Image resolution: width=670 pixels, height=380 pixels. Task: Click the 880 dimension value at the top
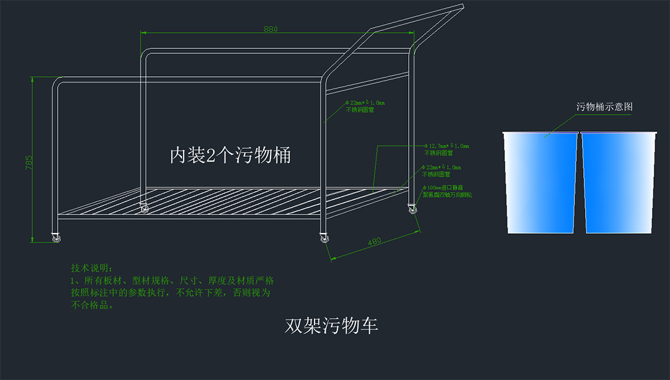coord(270,29)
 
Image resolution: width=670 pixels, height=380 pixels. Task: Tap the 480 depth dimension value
coord(374,242)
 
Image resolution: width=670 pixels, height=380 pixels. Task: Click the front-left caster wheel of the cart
coord(56,237)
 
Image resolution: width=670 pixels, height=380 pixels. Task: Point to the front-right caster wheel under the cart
coord(324,237)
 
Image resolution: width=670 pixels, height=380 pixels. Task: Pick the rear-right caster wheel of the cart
coord(413,210)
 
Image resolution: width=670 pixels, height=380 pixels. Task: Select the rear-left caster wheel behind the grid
coord(145,209)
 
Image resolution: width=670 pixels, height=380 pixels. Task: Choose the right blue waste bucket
coord(618,182)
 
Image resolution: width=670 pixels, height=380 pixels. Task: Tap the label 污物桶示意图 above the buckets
coord(604,107)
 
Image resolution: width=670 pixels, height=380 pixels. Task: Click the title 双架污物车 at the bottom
coord(331,326)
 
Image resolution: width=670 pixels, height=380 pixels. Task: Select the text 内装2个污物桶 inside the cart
coord(230,155)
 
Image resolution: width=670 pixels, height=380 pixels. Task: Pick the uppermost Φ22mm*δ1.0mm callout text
coord(365,103)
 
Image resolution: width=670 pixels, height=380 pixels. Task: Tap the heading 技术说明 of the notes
coord(91,268)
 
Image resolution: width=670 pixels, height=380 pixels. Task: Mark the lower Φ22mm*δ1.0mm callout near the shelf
coord(442,167)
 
